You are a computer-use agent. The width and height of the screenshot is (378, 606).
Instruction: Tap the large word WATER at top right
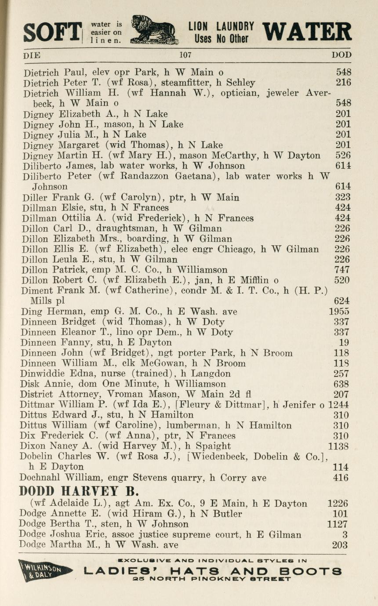tap(307, 32)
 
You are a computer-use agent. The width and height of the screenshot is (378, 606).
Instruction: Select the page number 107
tap(185, 55)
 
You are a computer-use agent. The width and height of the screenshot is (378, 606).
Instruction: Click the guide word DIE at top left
tap(32, 55)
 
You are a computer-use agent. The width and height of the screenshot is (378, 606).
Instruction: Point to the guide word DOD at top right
tap(341, 55)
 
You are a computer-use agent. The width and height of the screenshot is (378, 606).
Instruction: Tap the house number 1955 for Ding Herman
tap(339, 312)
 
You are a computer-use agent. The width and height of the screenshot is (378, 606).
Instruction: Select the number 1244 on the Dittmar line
tap(339, 405)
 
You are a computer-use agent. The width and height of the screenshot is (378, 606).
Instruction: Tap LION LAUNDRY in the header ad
tap(221, 25)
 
